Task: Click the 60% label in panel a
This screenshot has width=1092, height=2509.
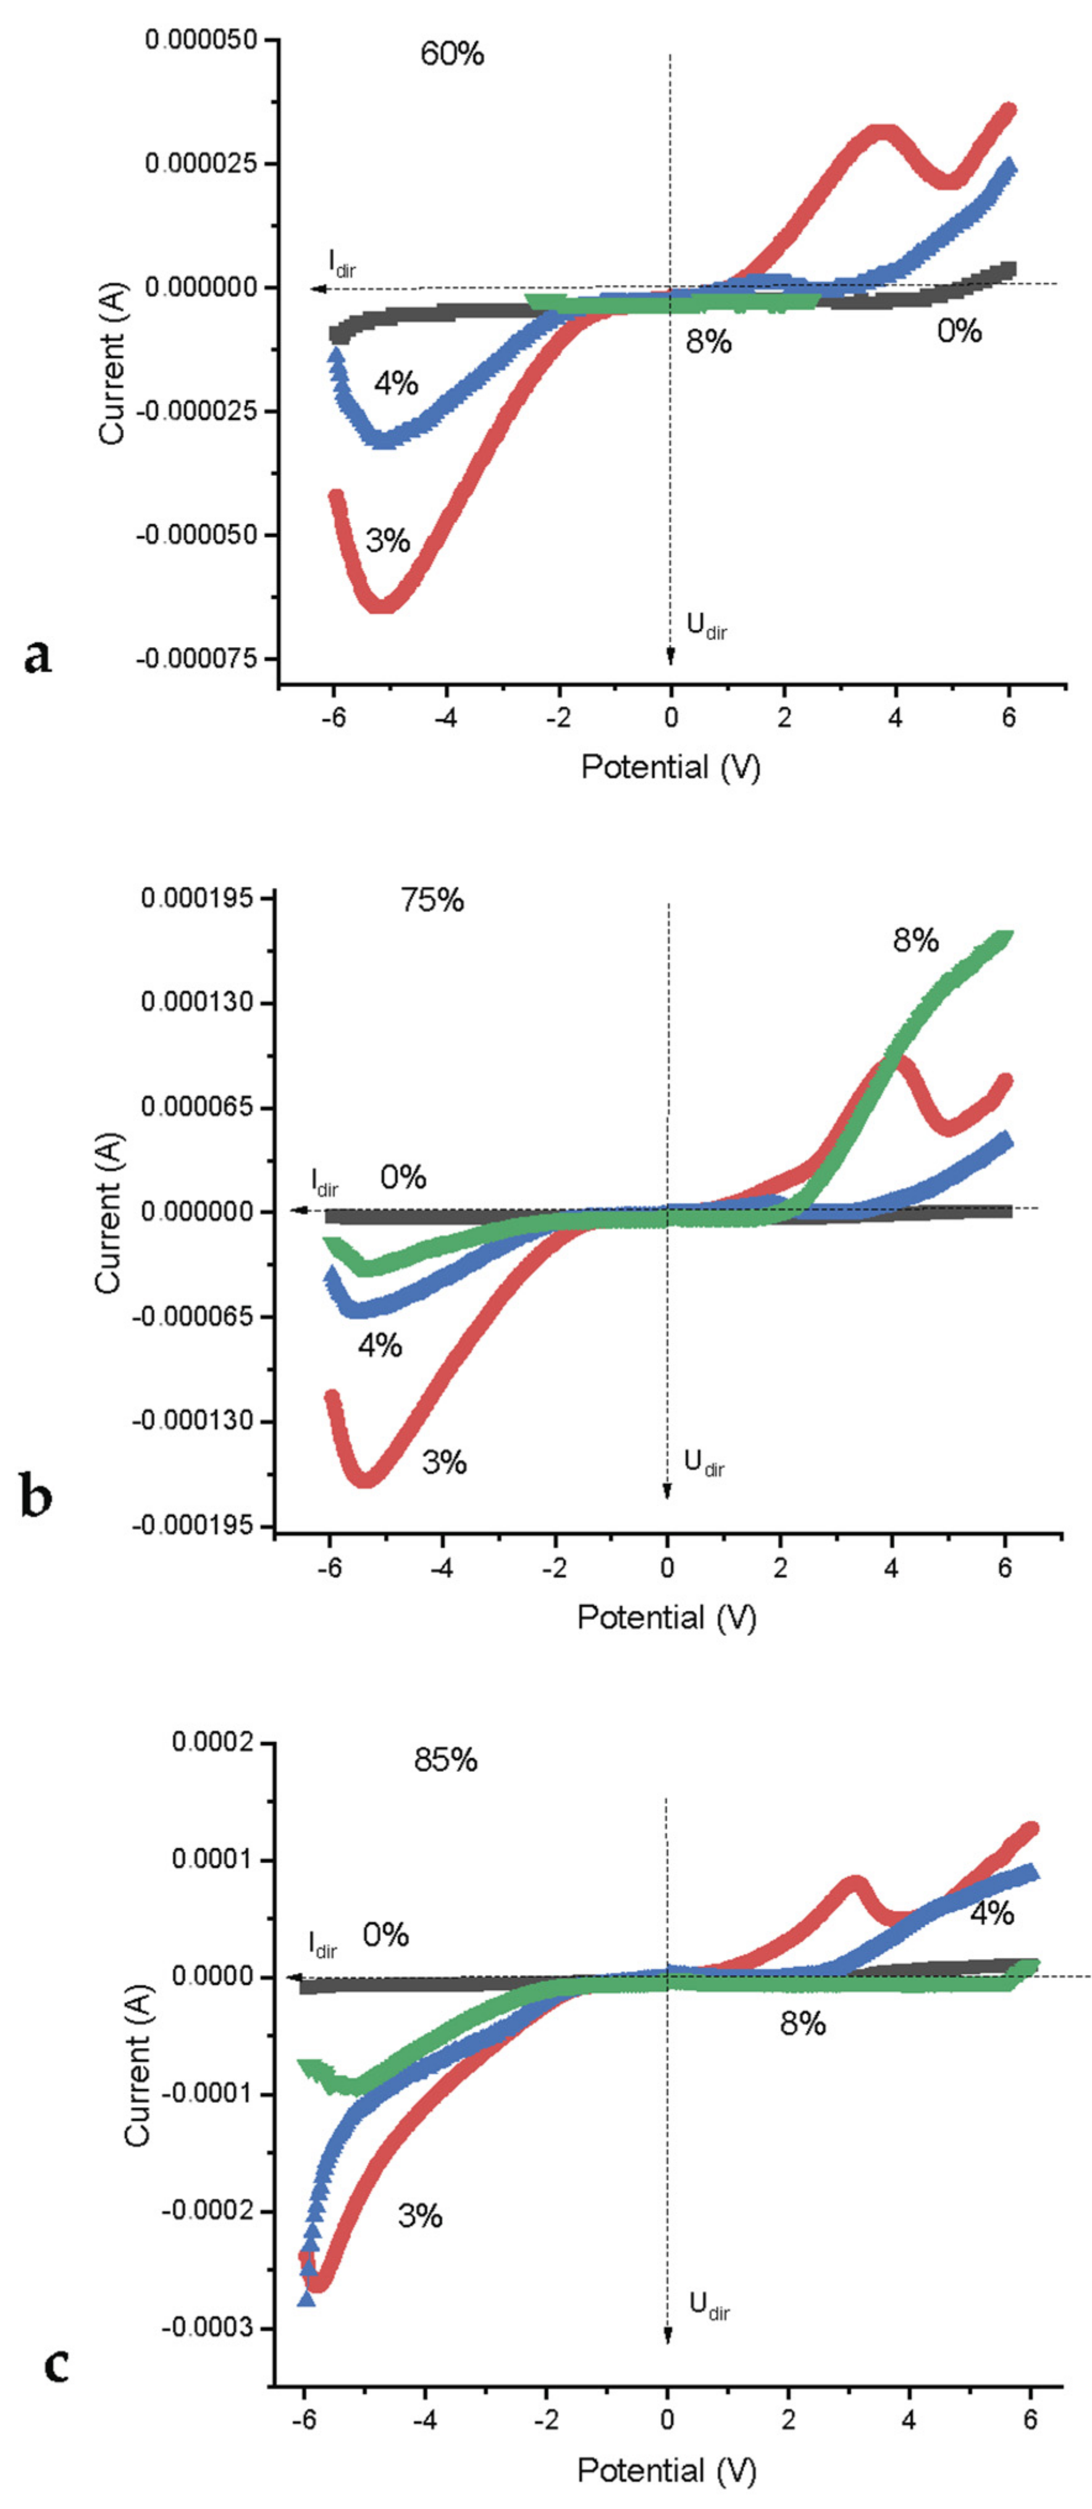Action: pyautogui.click(x=452, y=54)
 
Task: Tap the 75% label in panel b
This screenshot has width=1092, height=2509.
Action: pyautogui.click(x=432, y=900)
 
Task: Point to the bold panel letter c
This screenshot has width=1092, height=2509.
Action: pyautogui.click(x=56, y=2384)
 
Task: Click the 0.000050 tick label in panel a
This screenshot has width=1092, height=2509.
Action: pyautogui.click(x=201, y=40)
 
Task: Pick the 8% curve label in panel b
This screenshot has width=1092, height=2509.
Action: pyautogui.click(x=916, y=941)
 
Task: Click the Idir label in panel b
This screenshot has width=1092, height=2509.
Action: pyautogui.click(x=324, y=1182)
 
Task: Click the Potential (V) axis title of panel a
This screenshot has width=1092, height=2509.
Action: pyautogui.click(x=670, y=767)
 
